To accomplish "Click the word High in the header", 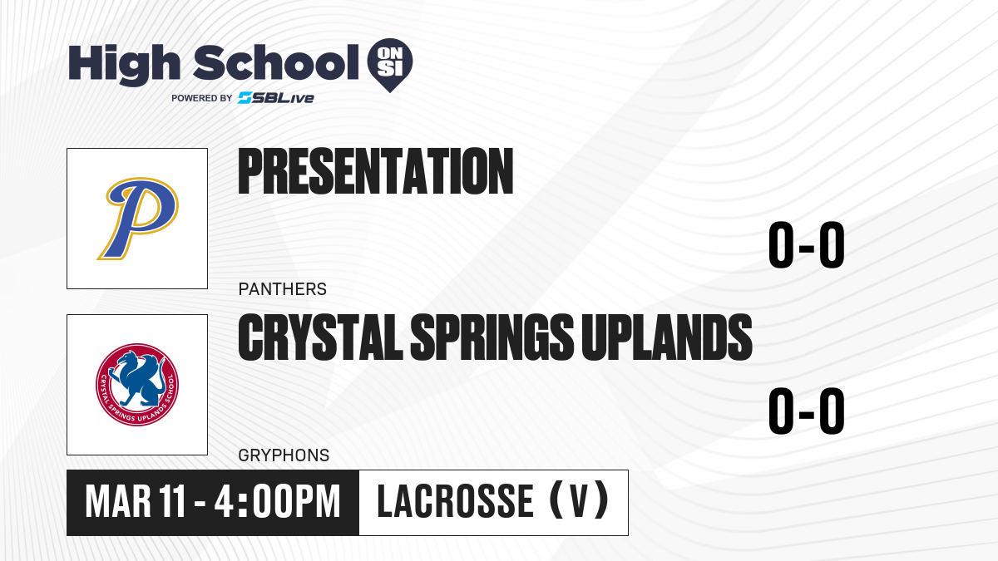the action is [124, 65].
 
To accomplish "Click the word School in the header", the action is [276, 63].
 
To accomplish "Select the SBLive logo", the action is [276, 97].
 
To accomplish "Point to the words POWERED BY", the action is [202, 98].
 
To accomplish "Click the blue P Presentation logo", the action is [138, 218].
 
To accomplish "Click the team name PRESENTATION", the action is [376, 171].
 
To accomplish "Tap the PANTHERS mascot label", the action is [283, 289].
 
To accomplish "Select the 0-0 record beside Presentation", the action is [807, 244].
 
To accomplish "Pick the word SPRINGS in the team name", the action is [492, 337].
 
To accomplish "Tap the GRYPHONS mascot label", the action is [284, 455].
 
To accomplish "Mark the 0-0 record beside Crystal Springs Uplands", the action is [807, 411].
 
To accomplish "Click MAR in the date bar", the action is [118, 502].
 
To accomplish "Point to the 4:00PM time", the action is [277, 502].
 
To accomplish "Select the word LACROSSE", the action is [456, 501].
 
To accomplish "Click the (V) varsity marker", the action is [579, 500].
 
